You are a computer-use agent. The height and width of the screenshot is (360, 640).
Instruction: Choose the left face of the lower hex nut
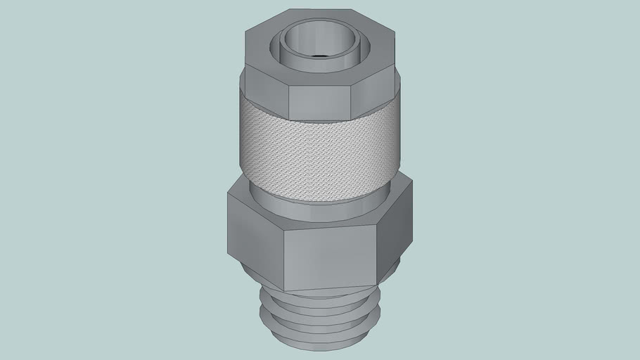coord(255,243)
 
